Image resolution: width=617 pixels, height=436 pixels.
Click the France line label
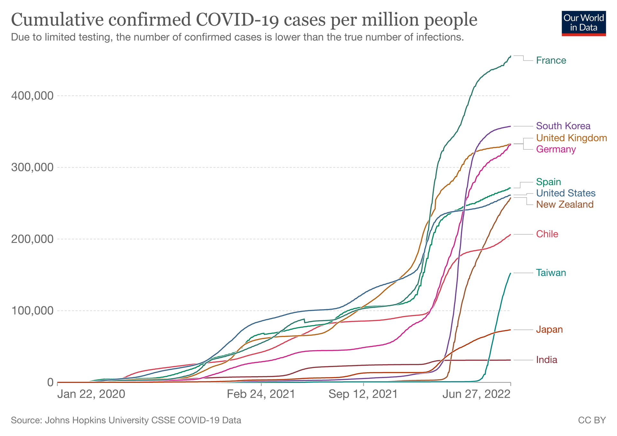(x=551, y=60)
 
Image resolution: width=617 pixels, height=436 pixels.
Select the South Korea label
(x=563, y=126)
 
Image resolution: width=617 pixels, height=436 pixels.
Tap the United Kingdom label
(x=571, y=138)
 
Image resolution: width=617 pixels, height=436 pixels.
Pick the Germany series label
(x=556, y=149)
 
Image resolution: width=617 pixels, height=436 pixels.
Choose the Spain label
(x=548, y=182)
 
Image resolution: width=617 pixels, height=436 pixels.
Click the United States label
(x=566, y=193)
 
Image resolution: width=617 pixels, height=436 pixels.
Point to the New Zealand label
(x=565, y=204)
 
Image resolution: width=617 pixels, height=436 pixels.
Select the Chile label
(x=547, y=234)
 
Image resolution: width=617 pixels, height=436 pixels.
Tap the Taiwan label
(x=551, y=273)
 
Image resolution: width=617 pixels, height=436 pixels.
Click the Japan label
(x=549, y=329)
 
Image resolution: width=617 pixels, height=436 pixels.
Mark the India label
(x=547, y=360)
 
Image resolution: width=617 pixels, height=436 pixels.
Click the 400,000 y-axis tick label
(x=32, y=96)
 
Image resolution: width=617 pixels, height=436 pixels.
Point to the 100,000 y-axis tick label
(x=32, y=311)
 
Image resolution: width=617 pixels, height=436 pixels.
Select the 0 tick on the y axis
(x=50, y=383)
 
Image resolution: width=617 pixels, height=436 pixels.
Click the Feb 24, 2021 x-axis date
(x=261, y=394)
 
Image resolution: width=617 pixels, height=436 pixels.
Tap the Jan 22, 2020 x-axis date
(x=91, y=394)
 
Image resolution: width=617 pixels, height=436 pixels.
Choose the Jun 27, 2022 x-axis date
(x=476, y=394)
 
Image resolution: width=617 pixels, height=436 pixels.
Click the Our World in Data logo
(x=584, y=23)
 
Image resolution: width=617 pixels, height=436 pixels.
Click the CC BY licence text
(x=592, y=420)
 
